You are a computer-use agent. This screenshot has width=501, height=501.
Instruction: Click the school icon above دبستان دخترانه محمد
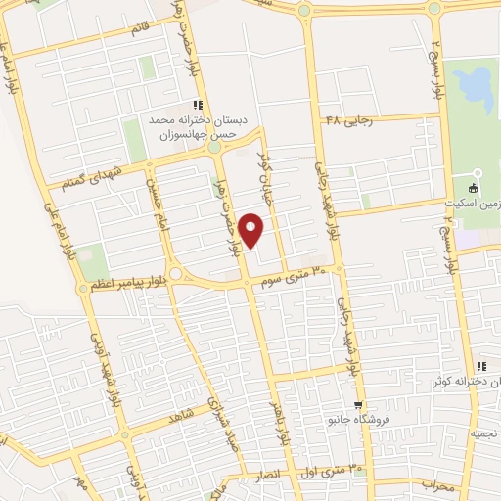[x=197, y=105]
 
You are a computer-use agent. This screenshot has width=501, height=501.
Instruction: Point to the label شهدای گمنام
[x=93, y=176]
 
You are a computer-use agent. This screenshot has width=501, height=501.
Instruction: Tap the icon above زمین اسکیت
[x=474, y=188]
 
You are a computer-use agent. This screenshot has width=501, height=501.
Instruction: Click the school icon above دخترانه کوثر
[x=480, y=367]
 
